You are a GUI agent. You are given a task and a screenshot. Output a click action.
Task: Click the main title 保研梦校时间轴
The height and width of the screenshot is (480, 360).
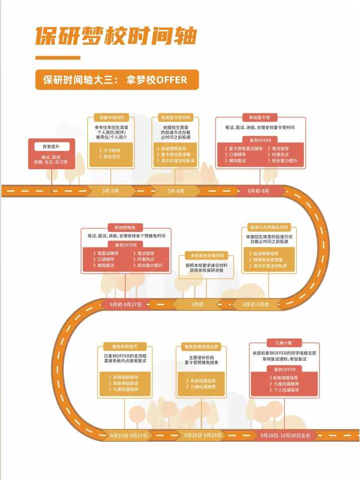[x=115, y=36]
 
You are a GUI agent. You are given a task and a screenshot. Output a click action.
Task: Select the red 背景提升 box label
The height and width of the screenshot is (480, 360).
[x=51, y=147]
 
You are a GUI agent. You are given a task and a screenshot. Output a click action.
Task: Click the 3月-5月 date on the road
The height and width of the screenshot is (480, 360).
[x=110, y=191]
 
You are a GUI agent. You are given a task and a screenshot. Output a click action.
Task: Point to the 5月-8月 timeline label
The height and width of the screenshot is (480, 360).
[x=176, y=191]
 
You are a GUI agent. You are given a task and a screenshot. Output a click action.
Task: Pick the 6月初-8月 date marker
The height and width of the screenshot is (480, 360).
[x=259, y=191]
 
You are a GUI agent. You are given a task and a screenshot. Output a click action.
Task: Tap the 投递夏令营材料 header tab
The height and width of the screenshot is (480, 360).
[x=176, y=117]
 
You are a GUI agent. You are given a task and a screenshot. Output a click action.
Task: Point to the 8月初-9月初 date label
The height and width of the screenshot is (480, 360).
[x=256, y=304]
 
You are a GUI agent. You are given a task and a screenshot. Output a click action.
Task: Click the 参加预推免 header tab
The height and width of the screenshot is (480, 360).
[x=123, y=228]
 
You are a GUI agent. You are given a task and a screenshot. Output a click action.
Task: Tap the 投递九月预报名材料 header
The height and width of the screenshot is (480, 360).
[x=270, y=227]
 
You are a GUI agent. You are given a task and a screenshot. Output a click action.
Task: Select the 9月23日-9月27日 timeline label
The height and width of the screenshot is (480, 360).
[x=129, y=435]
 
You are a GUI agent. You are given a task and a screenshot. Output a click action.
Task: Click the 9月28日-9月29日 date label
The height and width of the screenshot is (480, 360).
[x=203, y=435]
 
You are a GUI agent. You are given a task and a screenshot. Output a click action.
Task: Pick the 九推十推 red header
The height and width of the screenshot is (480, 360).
[x=284, y=343]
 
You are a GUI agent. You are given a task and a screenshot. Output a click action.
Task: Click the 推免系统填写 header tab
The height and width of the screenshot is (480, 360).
[x=122, y=346]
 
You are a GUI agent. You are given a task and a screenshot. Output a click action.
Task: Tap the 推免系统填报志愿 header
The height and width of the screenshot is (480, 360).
[x=201, y=346]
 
